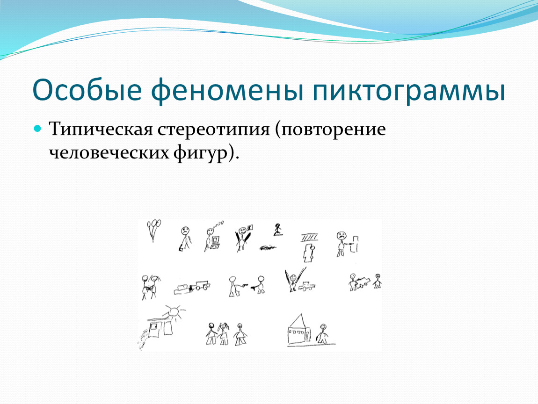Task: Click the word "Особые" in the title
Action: tap(87, 90)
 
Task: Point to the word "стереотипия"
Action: tap(214, 130)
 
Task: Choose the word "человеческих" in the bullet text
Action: tap(109, 152)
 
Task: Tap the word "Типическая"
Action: tap(101, 130)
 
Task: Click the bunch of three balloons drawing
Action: tap(153, 230)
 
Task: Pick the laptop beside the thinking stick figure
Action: tap(215, 243)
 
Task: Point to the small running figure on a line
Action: tap(277, 230)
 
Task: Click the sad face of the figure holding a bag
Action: tap(185, 231)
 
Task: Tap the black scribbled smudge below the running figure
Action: tap(268, 247)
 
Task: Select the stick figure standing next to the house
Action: tap(322, 333)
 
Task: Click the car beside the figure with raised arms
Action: tap(307, 286)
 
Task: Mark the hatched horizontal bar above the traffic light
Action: tap(309, 238)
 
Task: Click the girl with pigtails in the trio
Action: tap(224, 333)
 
